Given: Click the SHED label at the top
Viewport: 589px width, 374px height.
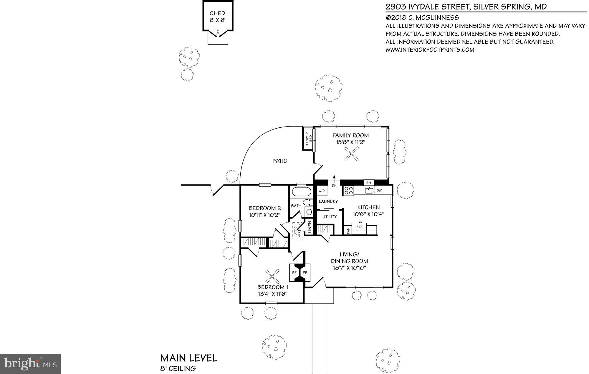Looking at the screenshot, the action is tap(217, 13).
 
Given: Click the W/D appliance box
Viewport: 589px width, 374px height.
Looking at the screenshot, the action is tap(322, 191).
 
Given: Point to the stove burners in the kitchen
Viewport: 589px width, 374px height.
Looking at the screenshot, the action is tap(349, 191).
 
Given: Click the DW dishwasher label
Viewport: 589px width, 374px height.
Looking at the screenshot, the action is tap(379, 191).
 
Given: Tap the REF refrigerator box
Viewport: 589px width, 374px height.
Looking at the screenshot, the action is tap(359, 227).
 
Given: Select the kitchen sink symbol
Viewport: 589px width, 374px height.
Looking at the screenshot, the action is tap(369, 190).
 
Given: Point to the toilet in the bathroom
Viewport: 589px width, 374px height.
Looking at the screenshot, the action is tap(307, 202).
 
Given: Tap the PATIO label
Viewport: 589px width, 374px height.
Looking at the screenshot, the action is tap(280, 161).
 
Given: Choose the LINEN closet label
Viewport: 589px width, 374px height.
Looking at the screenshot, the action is tap(310, 227).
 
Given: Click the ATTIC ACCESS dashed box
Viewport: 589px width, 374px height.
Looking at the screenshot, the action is tap(297, 230).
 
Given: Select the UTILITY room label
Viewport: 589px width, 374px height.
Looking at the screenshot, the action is tap(330, 217).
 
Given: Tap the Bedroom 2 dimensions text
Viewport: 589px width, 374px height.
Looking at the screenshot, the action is tap(264, 215).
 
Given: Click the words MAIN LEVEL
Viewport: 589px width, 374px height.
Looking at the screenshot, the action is tap(188, 358).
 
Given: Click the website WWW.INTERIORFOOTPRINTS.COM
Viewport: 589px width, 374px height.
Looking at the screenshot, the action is tap(430, 50).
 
